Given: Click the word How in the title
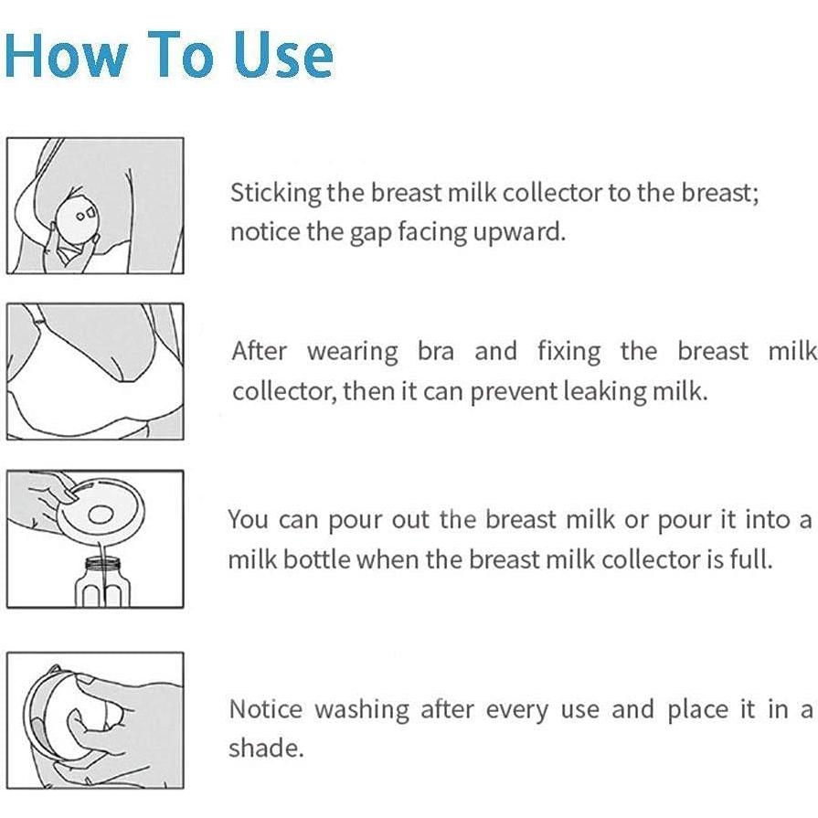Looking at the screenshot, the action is point(66,54).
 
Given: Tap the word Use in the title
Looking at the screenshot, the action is point(283,54).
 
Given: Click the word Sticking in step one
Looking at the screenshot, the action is point(275,193).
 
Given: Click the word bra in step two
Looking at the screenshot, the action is point(436,351).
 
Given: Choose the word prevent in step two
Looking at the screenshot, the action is point(514,392).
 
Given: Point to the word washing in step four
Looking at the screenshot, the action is point(362,710).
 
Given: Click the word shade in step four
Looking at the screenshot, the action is point(266,748).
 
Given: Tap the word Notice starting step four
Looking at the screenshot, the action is point(266,709).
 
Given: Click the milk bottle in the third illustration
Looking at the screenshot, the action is point(102,581).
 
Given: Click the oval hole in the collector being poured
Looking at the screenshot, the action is point(101,515).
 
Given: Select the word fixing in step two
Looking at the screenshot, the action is point(569,352).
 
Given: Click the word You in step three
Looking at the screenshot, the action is point(248,520).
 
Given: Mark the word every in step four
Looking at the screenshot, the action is point(517,710).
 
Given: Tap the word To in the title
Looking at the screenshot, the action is point(180,54).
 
